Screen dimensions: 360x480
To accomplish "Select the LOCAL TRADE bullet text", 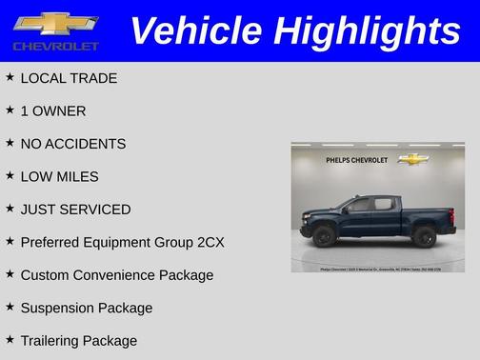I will click(x=69, y=78).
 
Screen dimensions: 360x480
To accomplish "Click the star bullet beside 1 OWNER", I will click(x=10, y=110).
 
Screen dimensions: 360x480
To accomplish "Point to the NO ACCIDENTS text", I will click(x=72, y=144).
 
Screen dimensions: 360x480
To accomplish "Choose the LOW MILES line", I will click(x=59, y=176).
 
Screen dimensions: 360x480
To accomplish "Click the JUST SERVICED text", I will click(x=75, y=210).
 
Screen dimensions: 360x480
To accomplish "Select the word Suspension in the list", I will click(x=59, y=308).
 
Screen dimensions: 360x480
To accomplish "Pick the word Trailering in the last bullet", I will click(x=52, y=341).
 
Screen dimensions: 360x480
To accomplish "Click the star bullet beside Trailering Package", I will click(x=10, y=340).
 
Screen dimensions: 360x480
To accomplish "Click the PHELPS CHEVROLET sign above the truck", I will click(x=356, y=160).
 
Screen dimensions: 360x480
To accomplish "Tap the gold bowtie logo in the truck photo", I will click(x=412, y=159).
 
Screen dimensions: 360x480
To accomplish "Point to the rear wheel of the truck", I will click(x=425, y=235).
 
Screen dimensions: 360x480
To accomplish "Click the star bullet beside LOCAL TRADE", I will click(x=10, y=78).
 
